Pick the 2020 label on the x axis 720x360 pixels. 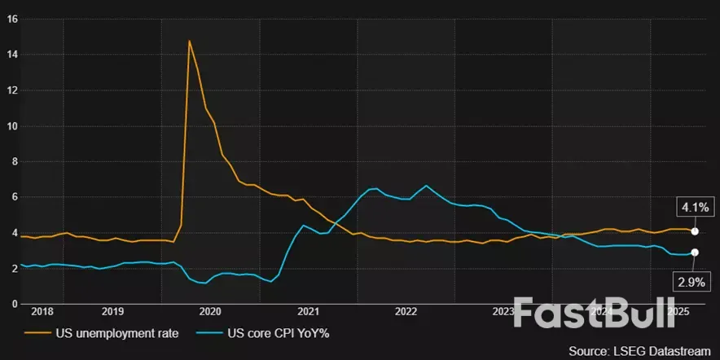(x=210, y=312)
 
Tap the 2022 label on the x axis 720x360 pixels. (x=406, y=312)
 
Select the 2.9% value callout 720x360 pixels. (x=691, y=283)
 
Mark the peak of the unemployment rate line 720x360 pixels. (x=190, y=41)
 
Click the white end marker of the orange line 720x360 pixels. (x=694, y=231)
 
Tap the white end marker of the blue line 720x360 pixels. (x=694, y=252)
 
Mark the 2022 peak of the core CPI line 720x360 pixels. (x=425, y=186)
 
